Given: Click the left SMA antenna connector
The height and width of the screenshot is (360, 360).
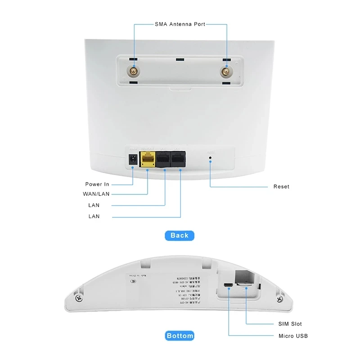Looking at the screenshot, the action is (x=133, y=71).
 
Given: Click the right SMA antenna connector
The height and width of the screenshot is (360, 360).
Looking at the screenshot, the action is (x=225, y=72).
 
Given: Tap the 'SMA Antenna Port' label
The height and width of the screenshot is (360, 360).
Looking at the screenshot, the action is (x=180, y=24).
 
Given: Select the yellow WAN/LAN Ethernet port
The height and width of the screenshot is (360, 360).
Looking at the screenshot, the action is (x=148, y=159).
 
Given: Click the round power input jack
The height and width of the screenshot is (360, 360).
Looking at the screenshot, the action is (x=133, y=159).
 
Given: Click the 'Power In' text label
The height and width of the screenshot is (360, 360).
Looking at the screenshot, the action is (x=97, y=184).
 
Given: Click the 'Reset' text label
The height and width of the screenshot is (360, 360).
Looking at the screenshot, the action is (x=281, y=186).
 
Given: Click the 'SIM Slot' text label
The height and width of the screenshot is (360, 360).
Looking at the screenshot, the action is (x=290, y=324).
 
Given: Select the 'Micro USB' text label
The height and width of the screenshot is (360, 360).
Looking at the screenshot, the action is (x=293, y=336).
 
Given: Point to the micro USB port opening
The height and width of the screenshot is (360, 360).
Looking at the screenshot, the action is (x=229, y=286).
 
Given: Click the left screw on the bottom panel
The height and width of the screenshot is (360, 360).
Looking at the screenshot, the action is (x=79, y=298).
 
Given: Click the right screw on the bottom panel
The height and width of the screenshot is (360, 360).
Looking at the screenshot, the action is (x=280, y=299).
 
